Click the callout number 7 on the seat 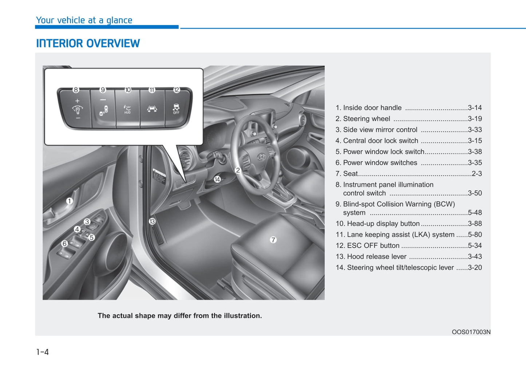tap(273, 240)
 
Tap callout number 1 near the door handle tap(70, 201)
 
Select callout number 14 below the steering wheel tap(217, 179)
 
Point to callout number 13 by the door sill tap(152, 221)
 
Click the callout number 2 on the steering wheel tap(238, 170)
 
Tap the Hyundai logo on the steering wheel tap(261, 157)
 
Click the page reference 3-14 tap(475, 108)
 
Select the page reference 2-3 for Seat tap(476, 174)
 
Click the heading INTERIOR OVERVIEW tap(88, 44)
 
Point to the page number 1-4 tap(43, 352)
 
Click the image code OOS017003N tap(471, 332)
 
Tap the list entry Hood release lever tap(376, 257)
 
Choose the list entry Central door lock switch tap(380, 141)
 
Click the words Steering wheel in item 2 tap(366, 119)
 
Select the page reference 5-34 tap(475, 246)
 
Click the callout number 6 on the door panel tap(64, 244)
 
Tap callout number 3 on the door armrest tap(87, 222)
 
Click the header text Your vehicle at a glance tap(84, 20)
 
